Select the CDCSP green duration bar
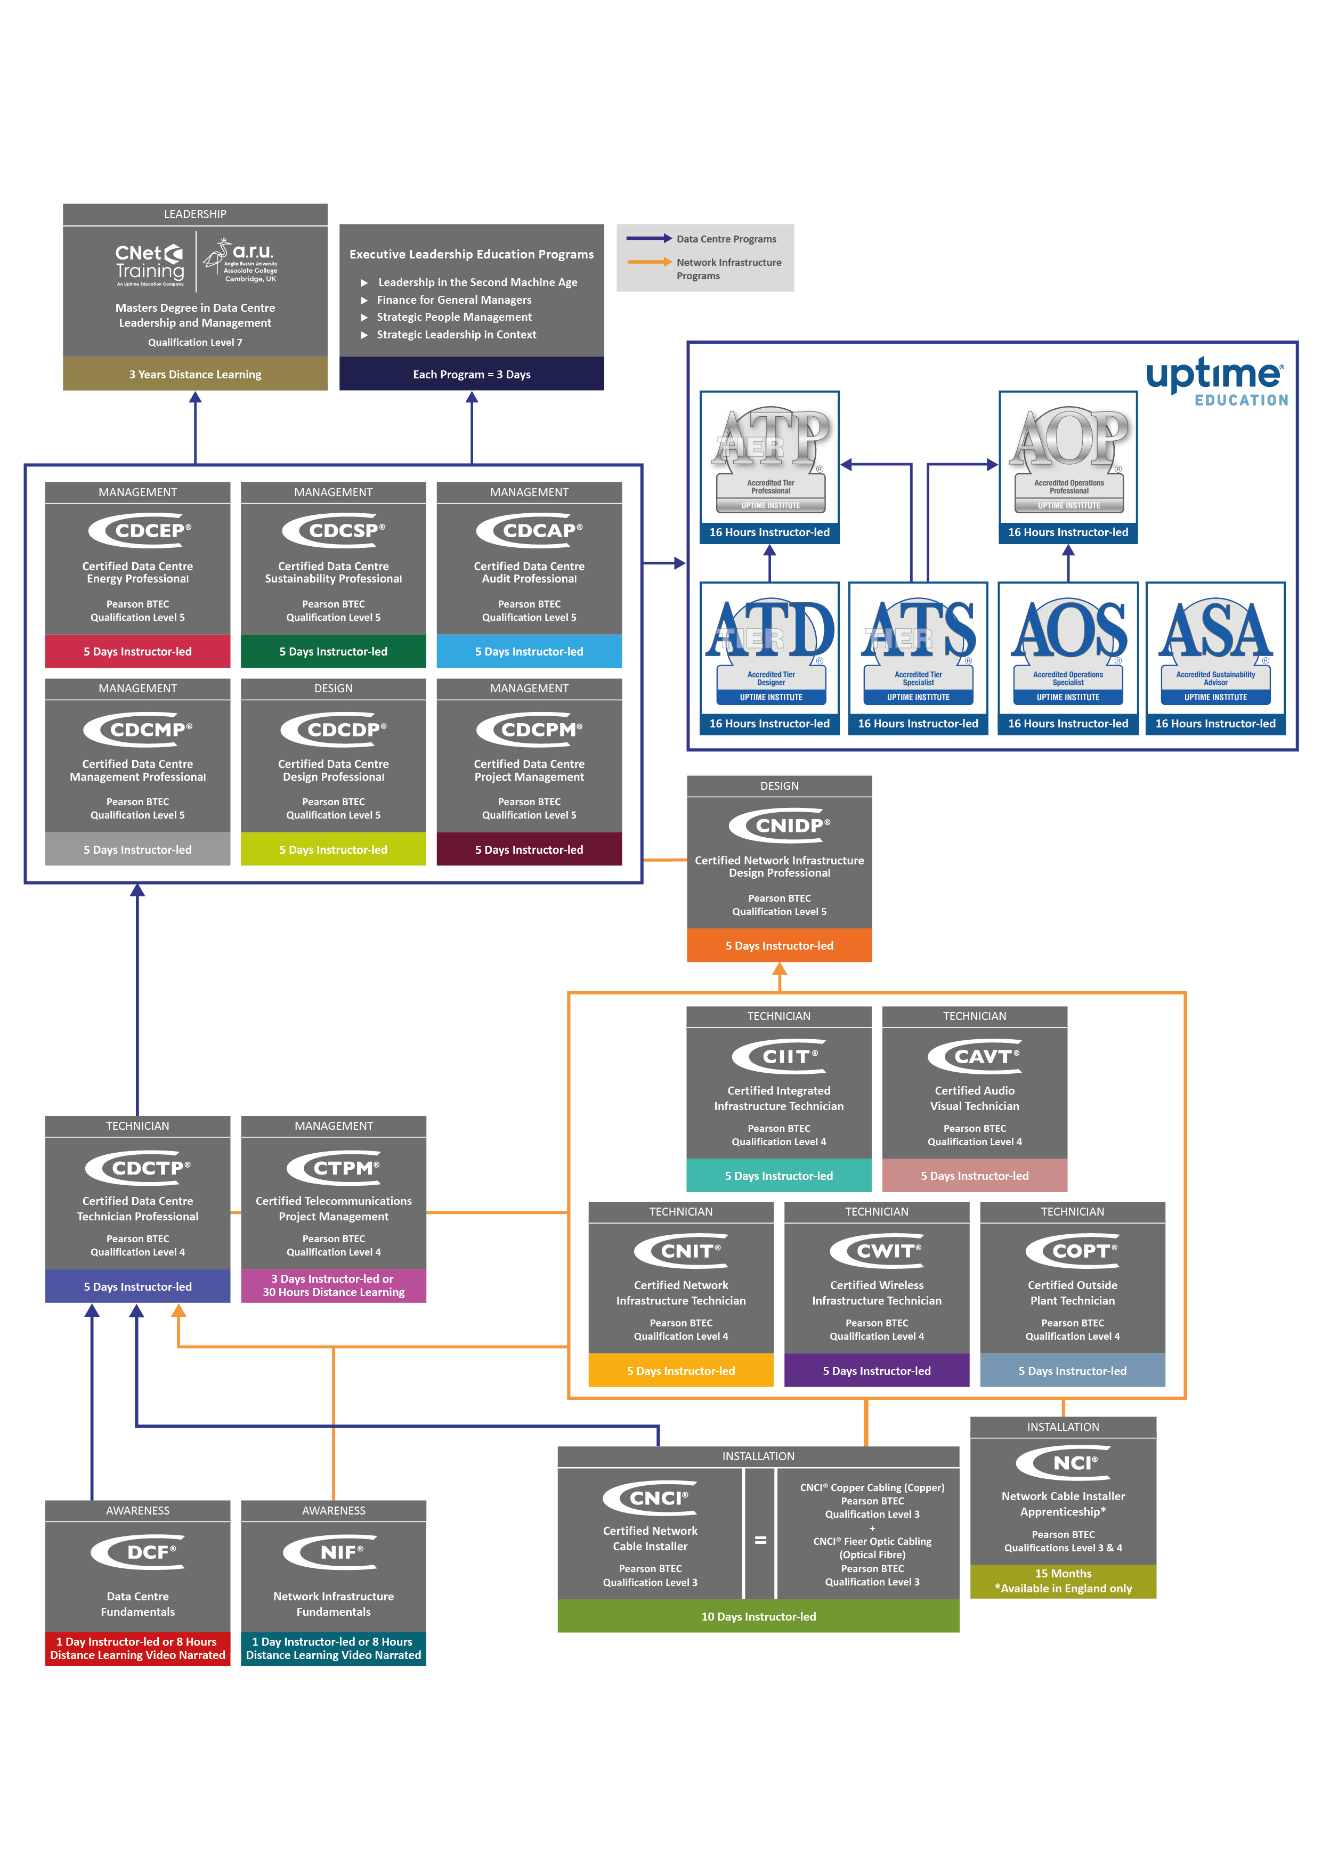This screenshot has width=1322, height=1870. [333, 652]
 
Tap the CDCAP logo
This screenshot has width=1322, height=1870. [530, 531]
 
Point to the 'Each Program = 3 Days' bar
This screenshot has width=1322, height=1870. [472, 375]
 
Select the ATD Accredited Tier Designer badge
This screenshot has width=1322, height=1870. [770, 649]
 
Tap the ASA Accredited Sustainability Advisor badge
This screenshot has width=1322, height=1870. [1215, 649]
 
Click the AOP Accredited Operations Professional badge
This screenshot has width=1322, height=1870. [1069, 458]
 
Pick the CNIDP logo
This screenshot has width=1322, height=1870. [780, 826]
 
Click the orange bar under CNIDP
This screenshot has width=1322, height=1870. [780, 945]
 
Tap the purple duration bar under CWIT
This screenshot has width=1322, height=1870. [877, 1371]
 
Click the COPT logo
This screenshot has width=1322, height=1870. [1073, 1251]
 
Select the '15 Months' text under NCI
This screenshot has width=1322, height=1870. [1063, 1574]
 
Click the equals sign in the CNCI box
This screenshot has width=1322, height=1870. [760, 1540]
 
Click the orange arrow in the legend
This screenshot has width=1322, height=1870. [649, 262]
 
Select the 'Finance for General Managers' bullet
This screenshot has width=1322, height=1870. [453, 299]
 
